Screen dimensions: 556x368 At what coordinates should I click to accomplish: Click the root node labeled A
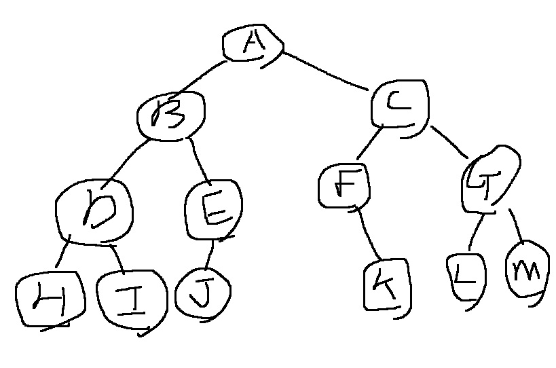point(253,45)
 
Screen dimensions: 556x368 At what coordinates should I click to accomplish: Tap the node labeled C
point(401,105)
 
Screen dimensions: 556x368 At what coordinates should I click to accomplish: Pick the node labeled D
point(95,210)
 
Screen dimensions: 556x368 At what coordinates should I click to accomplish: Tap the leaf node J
point(202,293)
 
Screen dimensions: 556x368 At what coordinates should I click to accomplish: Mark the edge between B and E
point(200,158)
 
